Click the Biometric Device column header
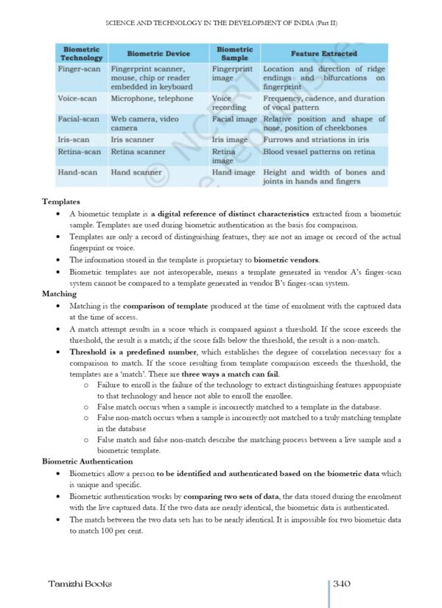[158, 54]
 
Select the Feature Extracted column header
[323, 54]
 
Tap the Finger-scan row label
[79, 69]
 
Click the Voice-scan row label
[80, 99]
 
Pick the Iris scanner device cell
[133, 139]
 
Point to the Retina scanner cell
[138, 152]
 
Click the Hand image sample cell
[234, 172]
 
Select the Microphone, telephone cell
[152, 99]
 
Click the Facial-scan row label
[79, 119]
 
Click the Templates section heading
[62, 201]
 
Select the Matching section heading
[60, 294]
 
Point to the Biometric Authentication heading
[88, 461]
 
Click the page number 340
[341, 584]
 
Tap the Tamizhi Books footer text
[80, 584]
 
